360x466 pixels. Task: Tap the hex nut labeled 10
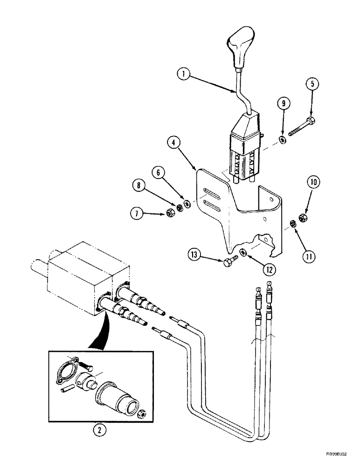[x=301, y=217]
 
